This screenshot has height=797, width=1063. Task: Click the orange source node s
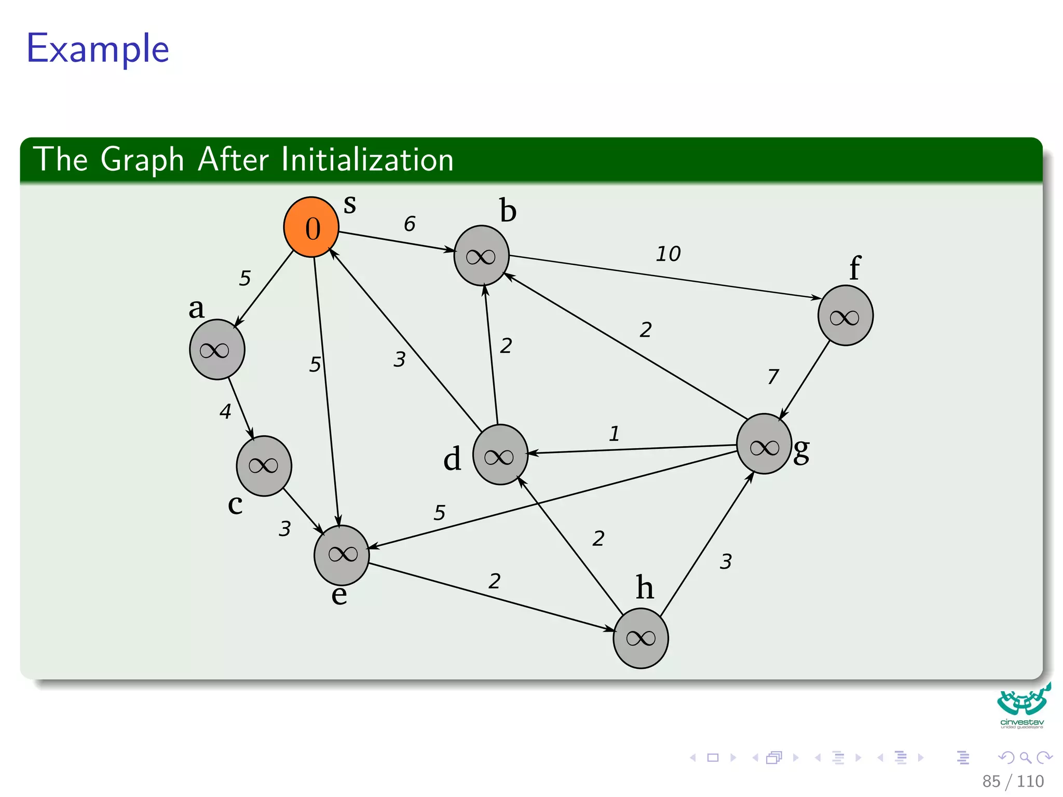coord(311,227)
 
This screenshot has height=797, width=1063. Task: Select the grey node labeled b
coord(481,255)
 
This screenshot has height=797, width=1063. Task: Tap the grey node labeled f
coord(845,315)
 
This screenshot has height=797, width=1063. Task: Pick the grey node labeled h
coord(640,638)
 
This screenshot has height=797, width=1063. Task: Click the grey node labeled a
coord(217,350)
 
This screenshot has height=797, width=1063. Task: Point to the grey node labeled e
coord(342,555)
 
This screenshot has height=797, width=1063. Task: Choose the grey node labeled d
coord(500,455)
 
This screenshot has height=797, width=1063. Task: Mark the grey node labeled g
coord(764,444)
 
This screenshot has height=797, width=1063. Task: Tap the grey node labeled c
coord(264,465)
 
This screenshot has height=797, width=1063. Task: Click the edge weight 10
coord(668,254)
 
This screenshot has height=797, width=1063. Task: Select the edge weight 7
coord(773,376)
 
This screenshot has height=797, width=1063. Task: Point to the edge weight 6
coord(410,224)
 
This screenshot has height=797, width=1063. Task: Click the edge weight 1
coord(615,433)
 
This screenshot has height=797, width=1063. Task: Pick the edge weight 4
coord(225,411)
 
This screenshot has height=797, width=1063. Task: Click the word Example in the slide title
coord(98,48)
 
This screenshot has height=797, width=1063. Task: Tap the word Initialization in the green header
coord(367,159)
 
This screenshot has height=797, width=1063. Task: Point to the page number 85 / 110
coord(1013,781)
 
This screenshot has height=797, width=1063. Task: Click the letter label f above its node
coord(854,268)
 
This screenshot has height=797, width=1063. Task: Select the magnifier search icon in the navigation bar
coord(1025,758)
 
